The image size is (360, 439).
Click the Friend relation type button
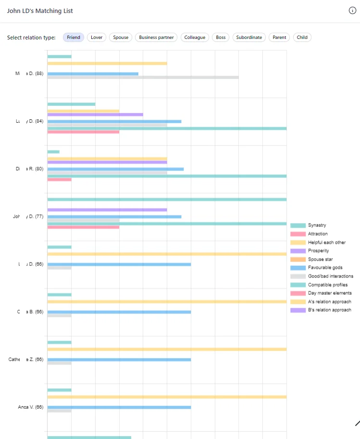(74, 38)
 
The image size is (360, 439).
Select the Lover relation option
(97, 38)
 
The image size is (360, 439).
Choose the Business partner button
(156, 38)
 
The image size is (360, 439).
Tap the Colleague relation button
(195, 38)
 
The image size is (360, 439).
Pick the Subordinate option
(249, 38)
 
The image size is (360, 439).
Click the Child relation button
(302, 38)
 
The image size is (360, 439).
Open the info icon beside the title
(352, 11)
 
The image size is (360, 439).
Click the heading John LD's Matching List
(40, 11)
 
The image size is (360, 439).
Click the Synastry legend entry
(317, 226)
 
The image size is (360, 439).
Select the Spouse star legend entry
(319, 260)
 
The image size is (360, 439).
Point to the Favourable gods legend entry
(325, 268)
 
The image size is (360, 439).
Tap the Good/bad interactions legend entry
(330, 276)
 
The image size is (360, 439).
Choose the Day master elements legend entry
(329, 293)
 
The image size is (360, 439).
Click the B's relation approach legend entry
(329, 310)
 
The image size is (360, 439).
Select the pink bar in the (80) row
(59, 180)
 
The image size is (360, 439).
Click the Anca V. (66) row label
(31, 407)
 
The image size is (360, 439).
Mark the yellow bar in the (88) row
(107, 63)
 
